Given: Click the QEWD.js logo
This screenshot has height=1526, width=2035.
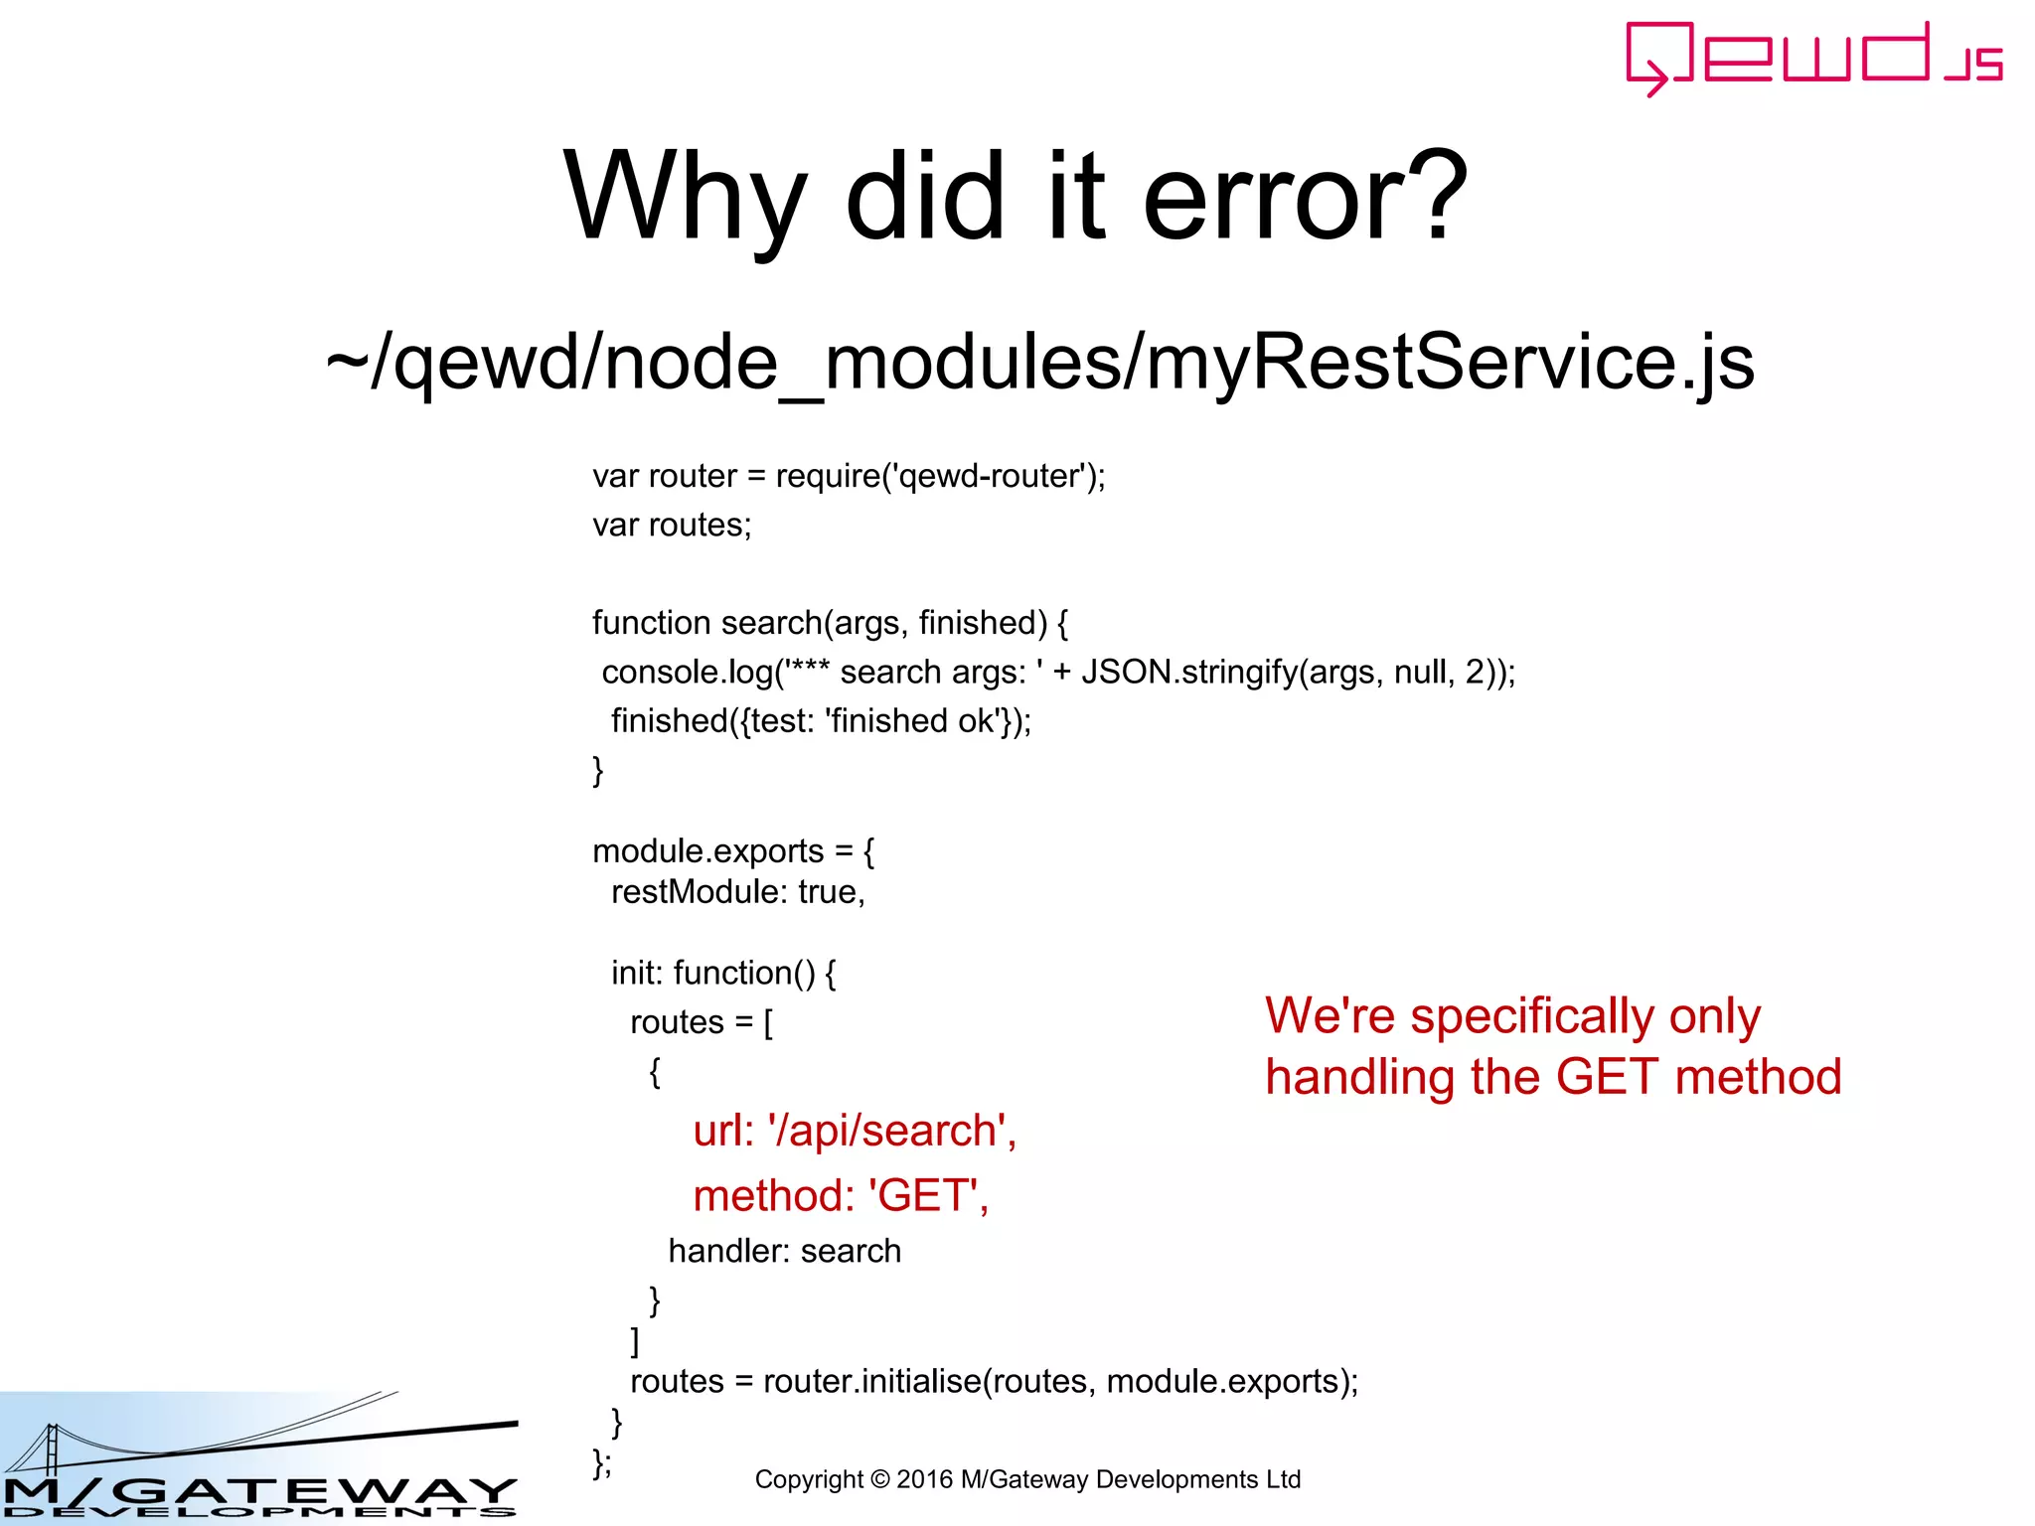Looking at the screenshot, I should pos(1813,58).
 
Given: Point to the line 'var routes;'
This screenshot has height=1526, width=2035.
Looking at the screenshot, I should pos(672,525).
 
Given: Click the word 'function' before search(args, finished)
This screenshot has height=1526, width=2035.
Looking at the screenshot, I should pos(651,623).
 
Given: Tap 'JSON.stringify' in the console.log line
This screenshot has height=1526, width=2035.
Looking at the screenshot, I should pos(1189,673).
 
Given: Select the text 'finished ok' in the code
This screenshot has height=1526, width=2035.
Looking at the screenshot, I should pos(912,721).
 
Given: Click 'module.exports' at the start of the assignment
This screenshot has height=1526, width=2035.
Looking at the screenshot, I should pos(707,851).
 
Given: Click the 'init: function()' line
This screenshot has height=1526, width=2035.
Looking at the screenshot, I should pos(723,973).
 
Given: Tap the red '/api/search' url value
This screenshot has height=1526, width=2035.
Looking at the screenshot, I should pos(889,1132).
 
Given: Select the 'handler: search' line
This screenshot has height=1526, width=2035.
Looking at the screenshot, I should pos(784,1251).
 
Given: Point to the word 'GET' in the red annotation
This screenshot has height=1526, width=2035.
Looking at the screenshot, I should pos(1607,1077).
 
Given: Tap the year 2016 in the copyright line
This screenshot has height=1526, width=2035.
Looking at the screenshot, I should pos(924,1479).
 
